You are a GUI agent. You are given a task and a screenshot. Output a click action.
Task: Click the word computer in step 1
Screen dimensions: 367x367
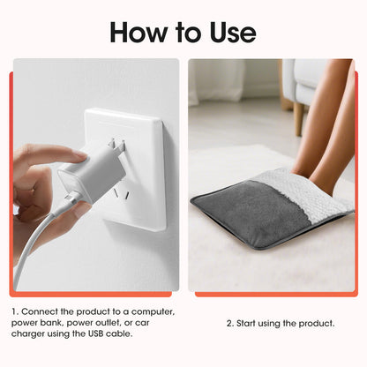point(152,311)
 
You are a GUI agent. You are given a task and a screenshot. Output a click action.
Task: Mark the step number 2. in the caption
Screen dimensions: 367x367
point(230,323)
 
